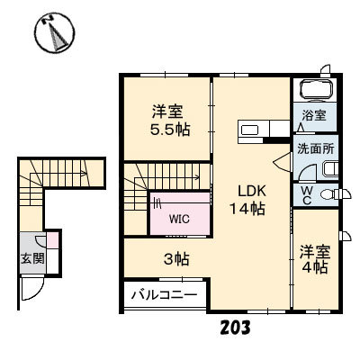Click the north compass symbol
(55, 33)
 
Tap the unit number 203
(235, 328)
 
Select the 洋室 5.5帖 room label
(170, 120)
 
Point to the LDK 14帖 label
(247, 200)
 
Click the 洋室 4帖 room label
(315, 259)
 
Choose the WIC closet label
(179, 220)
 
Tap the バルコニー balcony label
(165, 295)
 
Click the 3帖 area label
(176, 259)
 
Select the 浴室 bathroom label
(314, 115)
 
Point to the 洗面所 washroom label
(316, 149)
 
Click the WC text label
(306, 195)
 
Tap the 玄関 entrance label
(32, 258)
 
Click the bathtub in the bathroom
(317, 89)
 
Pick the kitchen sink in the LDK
(250, 130)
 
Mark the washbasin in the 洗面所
(330, 169)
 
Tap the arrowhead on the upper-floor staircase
(197, 177)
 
